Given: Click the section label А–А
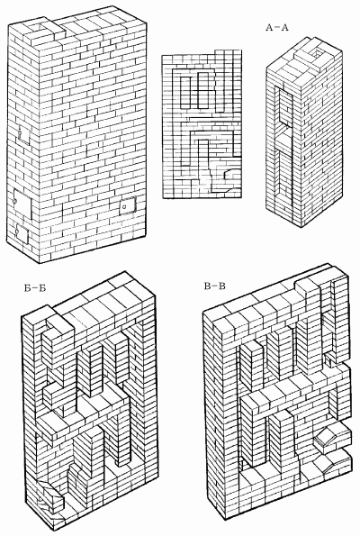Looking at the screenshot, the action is tap(277, 28).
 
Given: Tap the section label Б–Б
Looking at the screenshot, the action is tap(35, 288).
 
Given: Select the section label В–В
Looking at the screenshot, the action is tap(215, 286).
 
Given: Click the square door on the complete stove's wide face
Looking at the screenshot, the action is tap(128, 205).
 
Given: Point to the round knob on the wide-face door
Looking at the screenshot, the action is tap(125, 206).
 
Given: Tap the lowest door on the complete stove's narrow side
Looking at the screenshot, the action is tap(22, 233).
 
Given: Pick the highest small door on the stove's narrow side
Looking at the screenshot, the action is tap(23, 135).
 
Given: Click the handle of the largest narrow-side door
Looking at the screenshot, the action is tap(15, 200).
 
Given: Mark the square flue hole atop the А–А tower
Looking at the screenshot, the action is tap(318, 52).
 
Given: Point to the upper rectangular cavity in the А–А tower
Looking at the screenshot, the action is tap(285, 106).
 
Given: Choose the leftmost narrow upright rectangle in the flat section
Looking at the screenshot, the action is tap(185, 91).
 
